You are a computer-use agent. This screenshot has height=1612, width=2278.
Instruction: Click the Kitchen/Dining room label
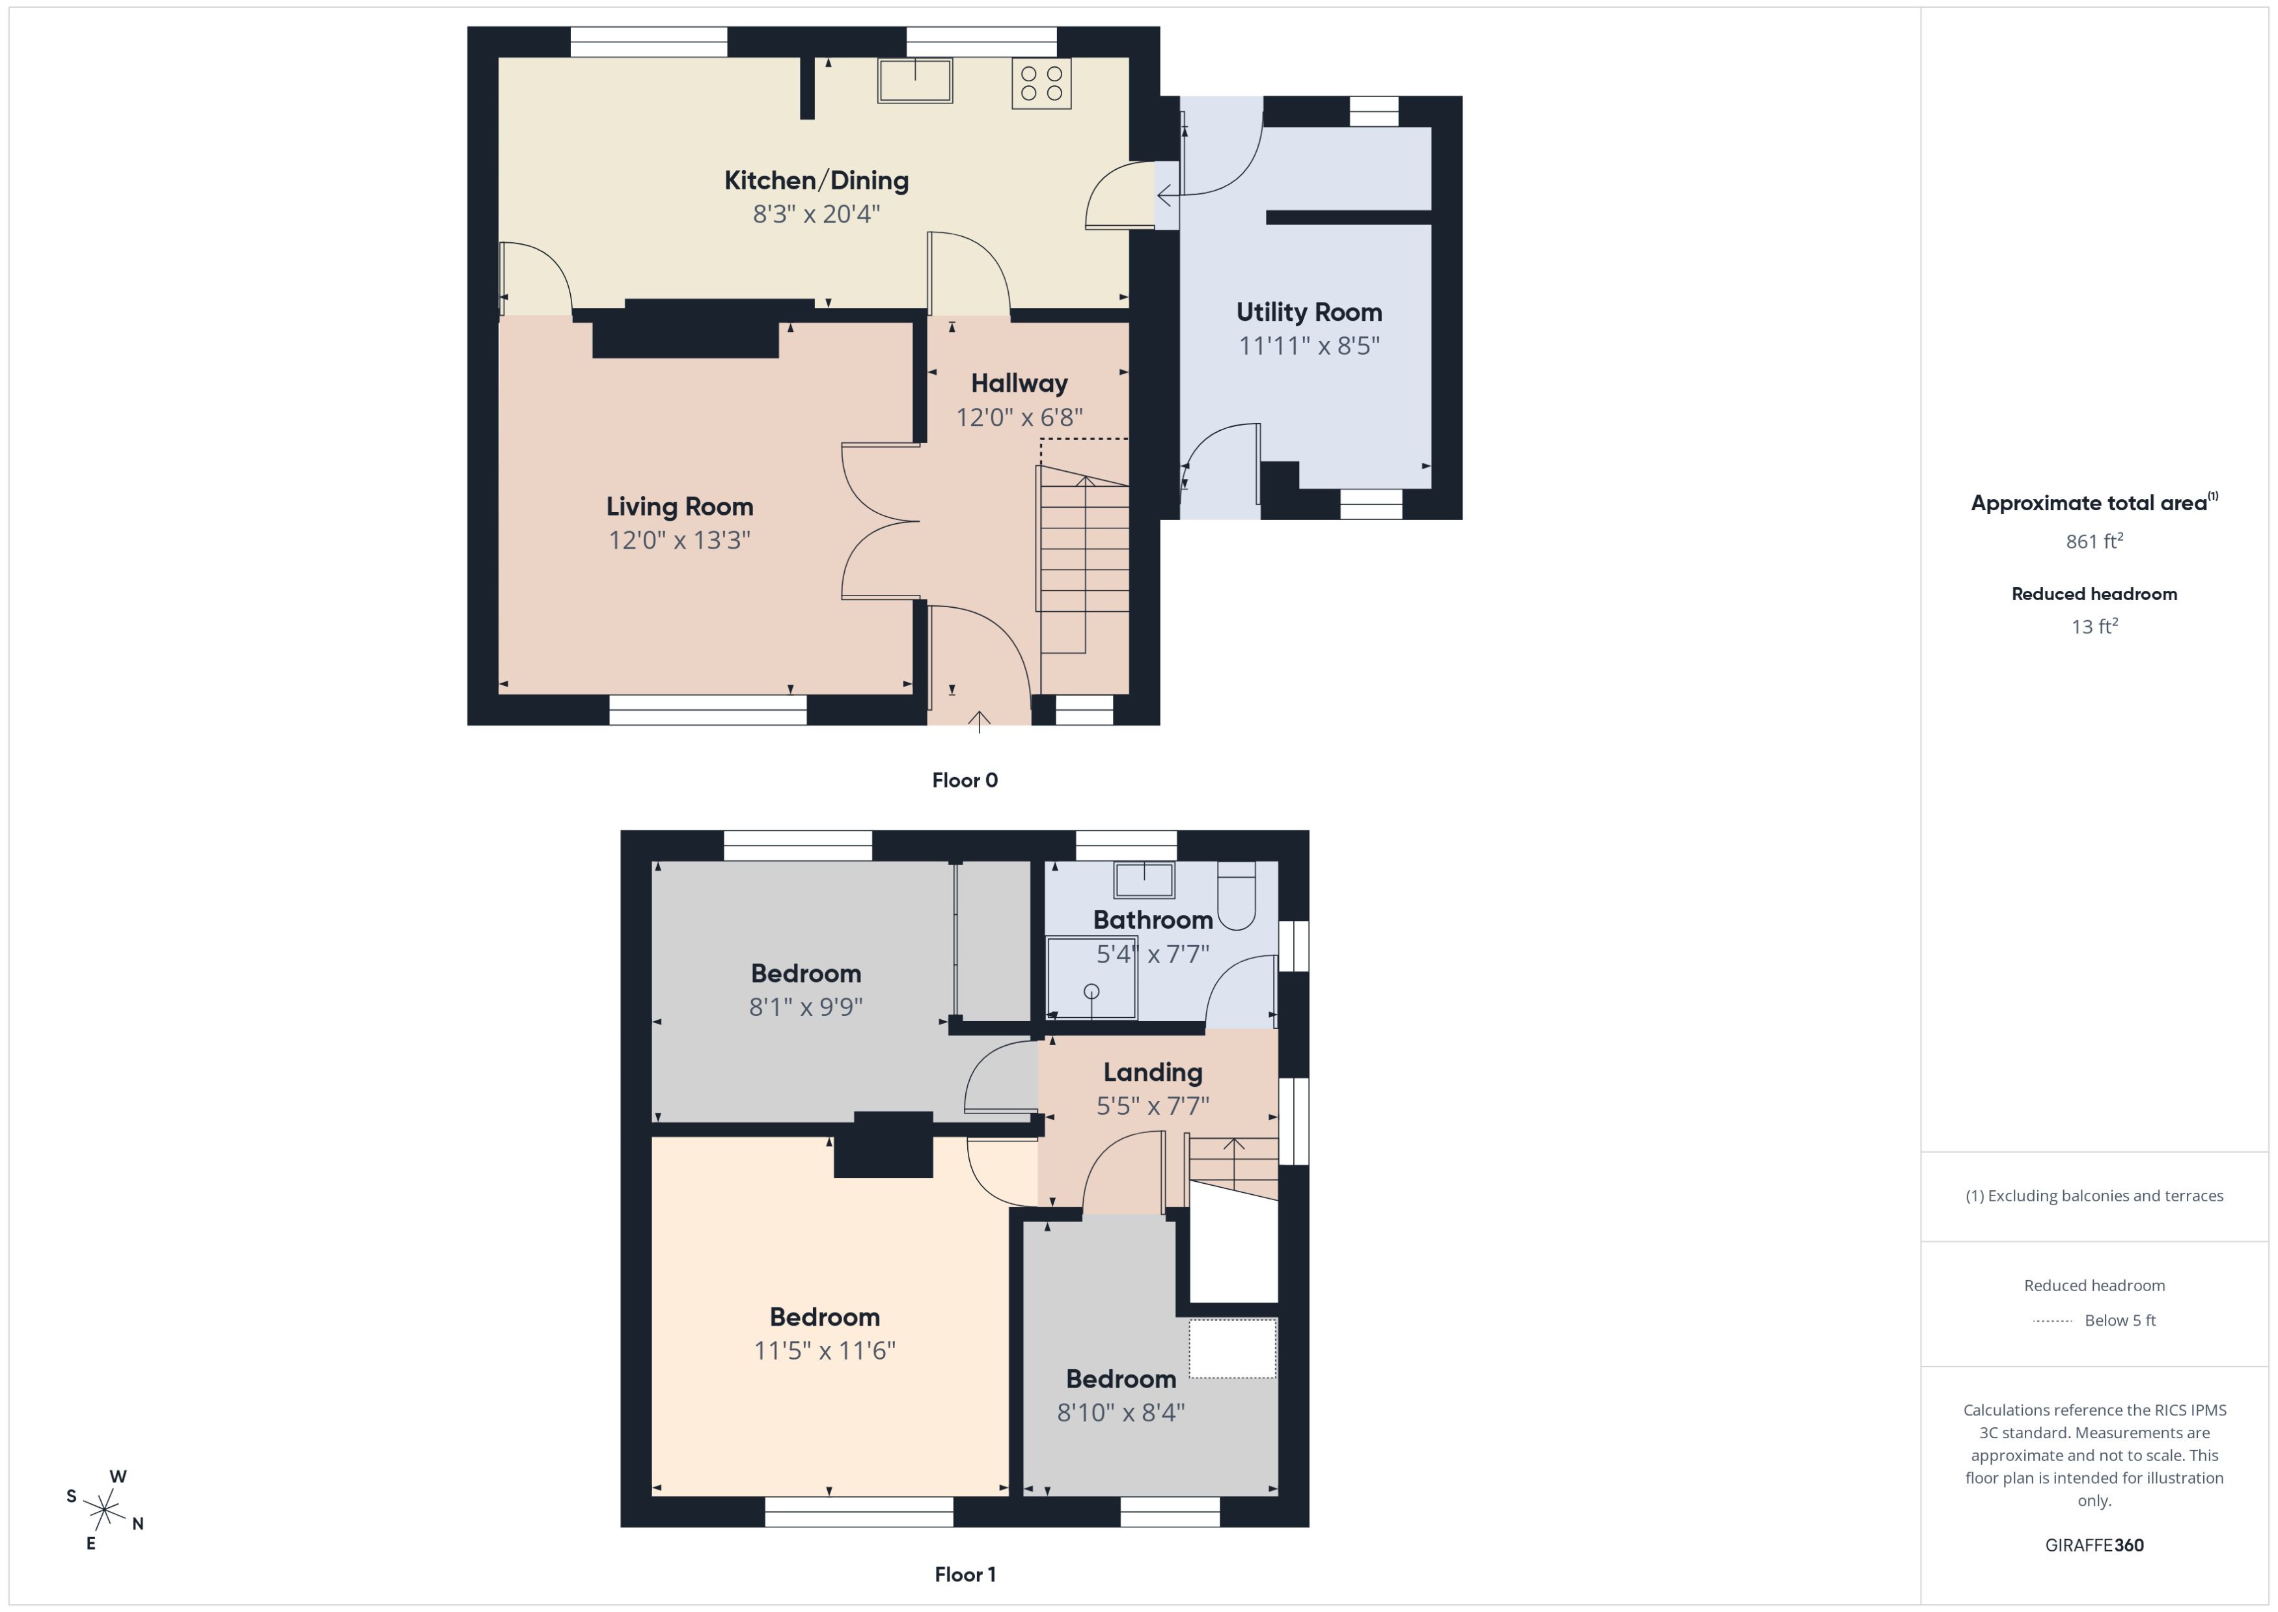(x=816, y=181)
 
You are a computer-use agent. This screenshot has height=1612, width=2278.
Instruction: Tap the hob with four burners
(x=1041, y=83)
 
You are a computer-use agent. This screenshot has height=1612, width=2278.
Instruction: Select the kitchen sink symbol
(x=914, y=81)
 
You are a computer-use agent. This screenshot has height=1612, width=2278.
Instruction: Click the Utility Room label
(x=1308, y=312)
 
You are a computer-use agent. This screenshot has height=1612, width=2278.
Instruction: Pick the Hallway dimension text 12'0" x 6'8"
(x=1019, y=418)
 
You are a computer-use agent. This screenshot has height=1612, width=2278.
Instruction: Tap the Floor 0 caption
(x=964, y=780)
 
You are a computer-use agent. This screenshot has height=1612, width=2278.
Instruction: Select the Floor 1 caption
(x=964, y=1574)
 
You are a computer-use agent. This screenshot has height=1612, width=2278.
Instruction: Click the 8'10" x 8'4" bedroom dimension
(x=1121, y=1412)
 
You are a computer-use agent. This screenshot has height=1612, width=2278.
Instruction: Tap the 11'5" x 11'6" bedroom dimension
(x=824, y=1351)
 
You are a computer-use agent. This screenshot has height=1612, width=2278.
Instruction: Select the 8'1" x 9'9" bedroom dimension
(x=805, y=1007)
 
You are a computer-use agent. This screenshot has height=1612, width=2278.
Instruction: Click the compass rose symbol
(x=104, y=1510)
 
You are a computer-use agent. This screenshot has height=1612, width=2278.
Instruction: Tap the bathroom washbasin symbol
(x=1144, y=879)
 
